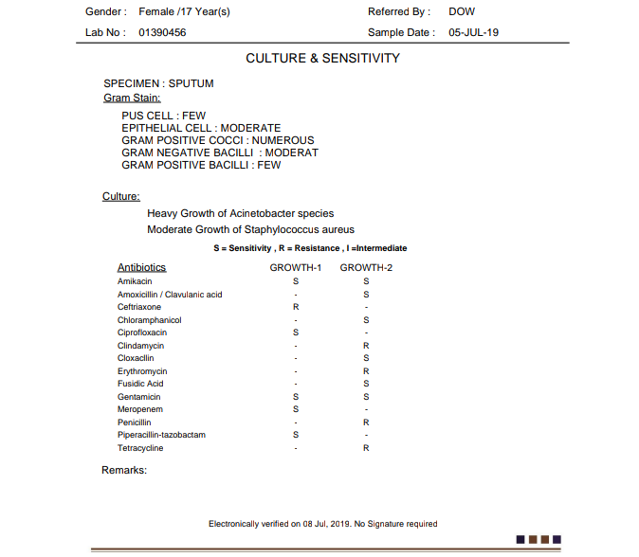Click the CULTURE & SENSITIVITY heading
pyautogui.click(x=322, y=59)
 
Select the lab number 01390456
pyautogui.click(x=162, y=32)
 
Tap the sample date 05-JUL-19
pyautogui.click(x=474, y=32)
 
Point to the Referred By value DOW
pyautogui.click(x=462, y=12)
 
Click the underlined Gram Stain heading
pyautogui.click(x=132, y=97)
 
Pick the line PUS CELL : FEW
pyautogui.click(x=163, y=116)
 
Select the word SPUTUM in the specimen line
pyautogui.click(x=192, y=83)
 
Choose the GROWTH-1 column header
pyautogui.click(x=296, y=268)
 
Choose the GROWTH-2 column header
pyautogui.click(x=366, y=268)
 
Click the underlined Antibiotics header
pyautogui.click(x=142, y=268)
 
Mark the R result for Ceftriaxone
pyautogui.click(x=296, y=307)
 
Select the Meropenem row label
pyautogui.click(x=138, y=409)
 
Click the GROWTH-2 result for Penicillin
pyautogui.click(x=366, y=422)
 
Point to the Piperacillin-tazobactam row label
pyautogui.click(x=161, y=435)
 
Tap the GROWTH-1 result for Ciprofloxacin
pyautogui.click(x=296, y=332)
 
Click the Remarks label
pyautogui.click(x=124, y=470)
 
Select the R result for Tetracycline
pyautogui.click(x=366, y=448)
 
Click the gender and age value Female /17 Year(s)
pyautogui.click(x=184, y=12)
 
